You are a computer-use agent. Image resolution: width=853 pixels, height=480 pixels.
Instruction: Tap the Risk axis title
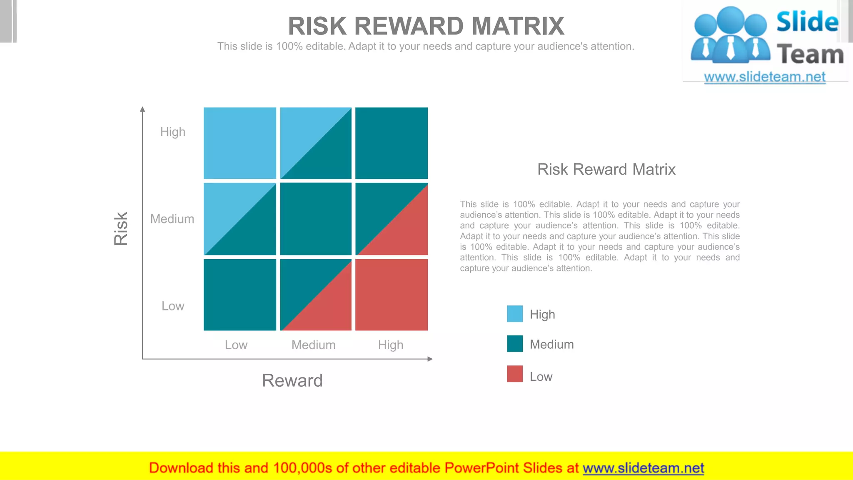pos(121,228)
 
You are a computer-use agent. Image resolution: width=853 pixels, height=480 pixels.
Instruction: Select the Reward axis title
pos(292,380)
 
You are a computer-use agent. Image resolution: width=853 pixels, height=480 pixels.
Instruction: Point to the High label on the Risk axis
pos(172,132)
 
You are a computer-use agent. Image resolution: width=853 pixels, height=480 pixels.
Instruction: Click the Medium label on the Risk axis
pos(172,219)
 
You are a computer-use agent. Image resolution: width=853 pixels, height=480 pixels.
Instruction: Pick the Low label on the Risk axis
pos(172,306)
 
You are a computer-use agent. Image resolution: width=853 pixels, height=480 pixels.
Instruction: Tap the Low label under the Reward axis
pos(236,345)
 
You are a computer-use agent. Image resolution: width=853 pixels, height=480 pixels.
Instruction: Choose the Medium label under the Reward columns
pos(313,345)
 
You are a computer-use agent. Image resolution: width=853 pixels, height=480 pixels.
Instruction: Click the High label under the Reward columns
pos(390,345)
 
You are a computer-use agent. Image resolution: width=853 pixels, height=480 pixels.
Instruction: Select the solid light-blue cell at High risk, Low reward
pos(239,143)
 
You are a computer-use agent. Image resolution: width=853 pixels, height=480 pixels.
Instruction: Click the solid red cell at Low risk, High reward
pos(391,295)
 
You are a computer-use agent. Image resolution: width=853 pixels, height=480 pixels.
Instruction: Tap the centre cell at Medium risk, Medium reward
pos(315,219)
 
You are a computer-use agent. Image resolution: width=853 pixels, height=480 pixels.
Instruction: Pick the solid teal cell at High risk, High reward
pos(391,143)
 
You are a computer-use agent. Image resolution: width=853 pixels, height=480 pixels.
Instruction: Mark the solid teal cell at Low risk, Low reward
pos(239,295)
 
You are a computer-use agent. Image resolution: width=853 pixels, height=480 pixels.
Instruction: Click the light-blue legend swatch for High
pos(514,314)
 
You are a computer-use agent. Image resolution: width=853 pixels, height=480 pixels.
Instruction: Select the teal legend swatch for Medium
pos(514,344)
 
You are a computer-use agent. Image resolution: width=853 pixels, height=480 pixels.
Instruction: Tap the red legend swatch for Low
pos(514,374)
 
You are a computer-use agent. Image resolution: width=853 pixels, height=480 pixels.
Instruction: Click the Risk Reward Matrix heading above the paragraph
pos(606,170)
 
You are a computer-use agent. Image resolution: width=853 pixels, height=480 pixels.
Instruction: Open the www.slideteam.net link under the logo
pos(764,77)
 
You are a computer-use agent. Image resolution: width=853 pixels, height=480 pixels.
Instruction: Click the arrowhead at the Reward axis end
pos(430,359)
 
